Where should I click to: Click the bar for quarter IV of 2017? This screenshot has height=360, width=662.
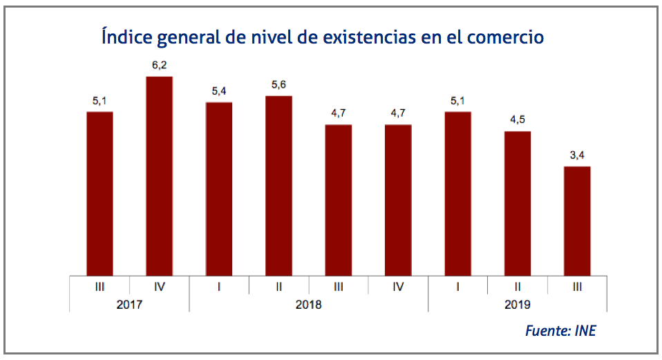click(160, 176)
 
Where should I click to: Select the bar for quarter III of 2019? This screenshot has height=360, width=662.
click(577, 220)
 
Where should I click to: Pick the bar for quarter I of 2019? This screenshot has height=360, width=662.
click(457, 193)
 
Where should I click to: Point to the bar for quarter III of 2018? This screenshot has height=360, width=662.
click(339, 200)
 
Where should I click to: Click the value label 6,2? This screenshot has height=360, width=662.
click(160, 66)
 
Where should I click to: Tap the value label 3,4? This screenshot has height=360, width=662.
click(577, 155)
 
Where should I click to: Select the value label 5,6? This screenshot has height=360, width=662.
click(279, 85)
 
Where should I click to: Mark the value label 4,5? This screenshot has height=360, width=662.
click(518, 120)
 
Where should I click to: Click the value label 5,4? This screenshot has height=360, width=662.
click(219, 91)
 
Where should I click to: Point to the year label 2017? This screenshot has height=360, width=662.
click(129, 303)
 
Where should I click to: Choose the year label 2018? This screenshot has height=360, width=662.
click(308, 303)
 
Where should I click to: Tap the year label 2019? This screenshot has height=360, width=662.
click(517, 303)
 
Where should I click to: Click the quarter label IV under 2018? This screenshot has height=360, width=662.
click(398, 285)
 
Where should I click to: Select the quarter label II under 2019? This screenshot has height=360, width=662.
click(518, 285)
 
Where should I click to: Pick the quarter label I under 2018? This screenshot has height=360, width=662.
click(219, 285)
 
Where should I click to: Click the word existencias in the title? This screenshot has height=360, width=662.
click(370, 37)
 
